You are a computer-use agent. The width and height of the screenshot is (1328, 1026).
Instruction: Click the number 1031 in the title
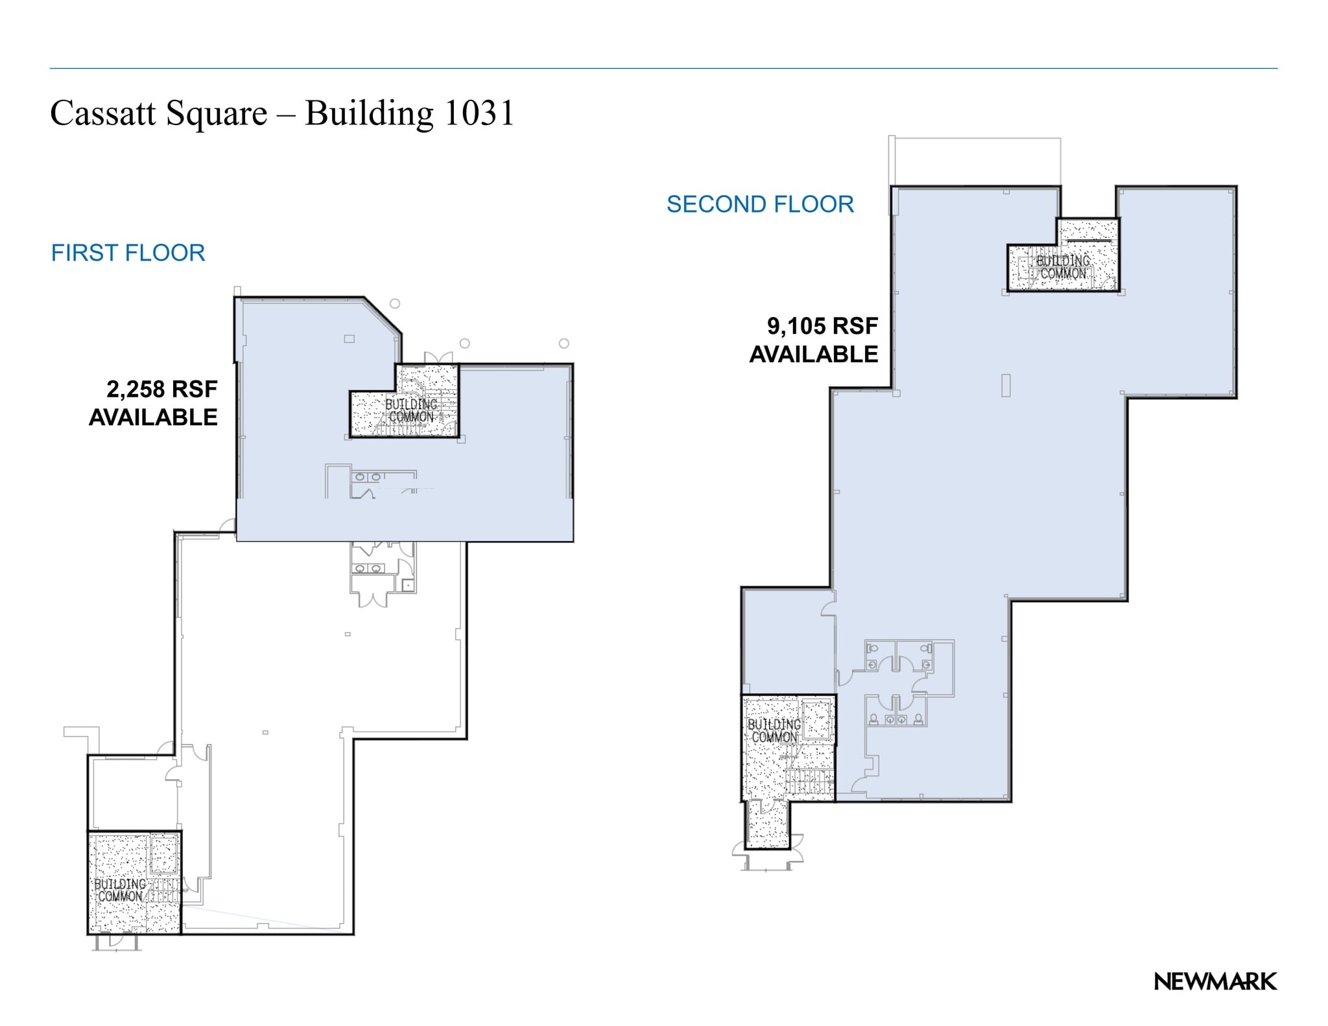pos(479,113)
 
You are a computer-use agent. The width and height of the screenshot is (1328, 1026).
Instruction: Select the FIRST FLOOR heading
pos(128,253)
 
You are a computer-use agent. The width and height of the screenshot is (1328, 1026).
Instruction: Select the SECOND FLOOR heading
pos(760,204)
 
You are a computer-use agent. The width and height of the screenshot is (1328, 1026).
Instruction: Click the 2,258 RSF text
pos(161,389)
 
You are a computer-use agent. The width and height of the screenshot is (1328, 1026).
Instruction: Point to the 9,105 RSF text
pos(822,326)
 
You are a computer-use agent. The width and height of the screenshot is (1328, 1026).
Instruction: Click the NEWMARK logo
pos(1215,982)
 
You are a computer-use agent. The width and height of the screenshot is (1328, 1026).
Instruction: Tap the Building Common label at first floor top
pos(411,410)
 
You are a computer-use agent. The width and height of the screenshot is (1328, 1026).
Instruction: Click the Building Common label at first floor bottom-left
pos(121,890)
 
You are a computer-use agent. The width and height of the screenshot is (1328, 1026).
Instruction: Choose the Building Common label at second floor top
pos(1063,267)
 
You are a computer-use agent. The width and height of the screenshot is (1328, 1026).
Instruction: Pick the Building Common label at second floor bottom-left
pos(774,730)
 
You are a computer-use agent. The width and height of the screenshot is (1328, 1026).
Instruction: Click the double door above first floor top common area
pos(438,358)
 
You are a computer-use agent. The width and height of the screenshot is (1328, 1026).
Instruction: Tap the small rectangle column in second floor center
pos(1006,385)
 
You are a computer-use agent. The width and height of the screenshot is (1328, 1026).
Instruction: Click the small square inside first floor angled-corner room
pos(349,338)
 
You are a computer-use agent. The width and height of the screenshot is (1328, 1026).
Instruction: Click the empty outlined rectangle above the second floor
pos(976,161)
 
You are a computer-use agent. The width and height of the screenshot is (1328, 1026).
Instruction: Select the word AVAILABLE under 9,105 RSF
pos(813,355)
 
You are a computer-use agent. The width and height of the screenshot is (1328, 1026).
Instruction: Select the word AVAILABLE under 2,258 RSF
pos(153,417)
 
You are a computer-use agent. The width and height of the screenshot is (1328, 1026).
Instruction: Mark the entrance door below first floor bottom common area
pos(116,941)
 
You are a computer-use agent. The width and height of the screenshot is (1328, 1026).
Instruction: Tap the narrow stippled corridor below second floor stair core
pos(767,824)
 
